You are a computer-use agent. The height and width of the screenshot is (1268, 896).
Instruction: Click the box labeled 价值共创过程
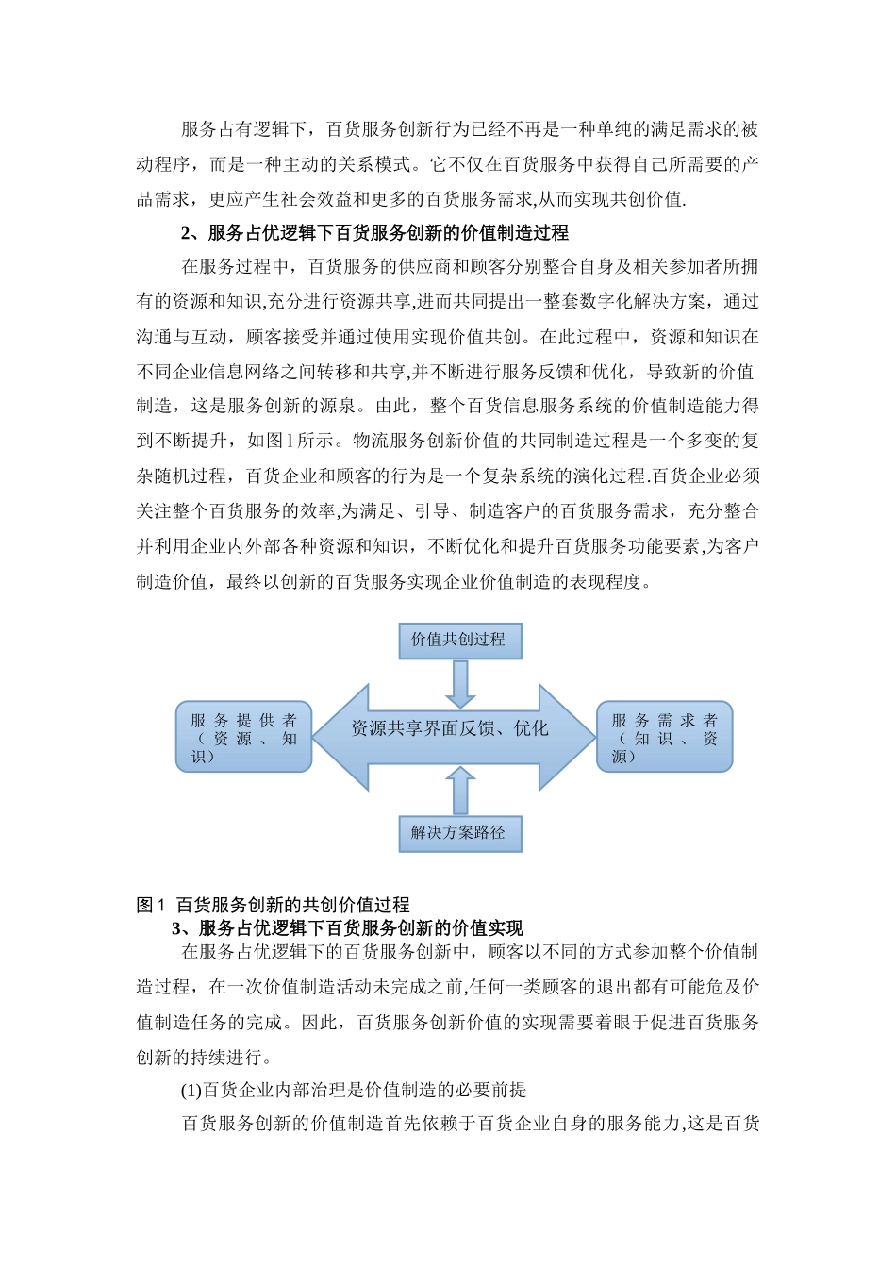(x=459, y=640)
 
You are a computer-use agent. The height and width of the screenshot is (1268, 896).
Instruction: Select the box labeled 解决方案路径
(x=459, y=833)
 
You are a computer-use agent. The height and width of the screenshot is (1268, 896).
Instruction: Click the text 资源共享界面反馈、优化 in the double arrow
(x=449, y=728)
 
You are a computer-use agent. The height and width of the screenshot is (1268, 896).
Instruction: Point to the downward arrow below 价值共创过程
(x=460, y=683)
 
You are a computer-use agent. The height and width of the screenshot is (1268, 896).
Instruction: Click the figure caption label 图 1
(x=151, y=905)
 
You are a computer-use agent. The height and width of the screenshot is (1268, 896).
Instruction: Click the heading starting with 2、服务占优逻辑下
(x=374, y=232)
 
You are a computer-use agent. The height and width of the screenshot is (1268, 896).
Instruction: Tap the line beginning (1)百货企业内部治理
(x=354, y=1090)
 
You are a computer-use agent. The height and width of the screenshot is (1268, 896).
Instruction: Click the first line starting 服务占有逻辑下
(x=470, y=129)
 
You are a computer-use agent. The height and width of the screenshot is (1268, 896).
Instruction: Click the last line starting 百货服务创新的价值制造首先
(x=470, y=1124)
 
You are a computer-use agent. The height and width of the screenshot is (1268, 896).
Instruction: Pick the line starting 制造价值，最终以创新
(x=394, y=581)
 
